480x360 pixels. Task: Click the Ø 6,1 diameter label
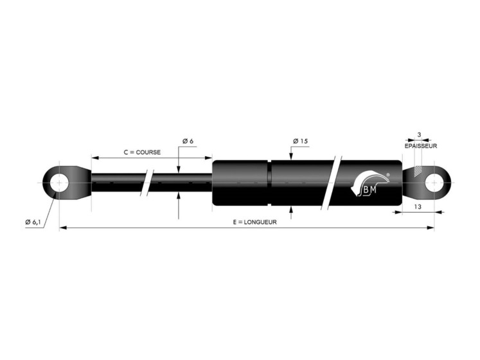(33, 222)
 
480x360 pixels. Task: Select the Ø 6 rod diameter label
(188, 141)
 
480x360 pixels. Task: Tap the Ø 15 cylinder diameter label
(300, 141)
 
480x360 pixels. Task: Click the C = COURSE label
(142, 152)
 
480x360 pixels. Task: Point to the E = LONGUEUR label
(254, 222)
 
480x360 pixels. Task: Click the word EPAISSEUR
(421, 146)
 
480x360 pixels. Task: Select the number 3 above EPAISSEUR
(419, 134)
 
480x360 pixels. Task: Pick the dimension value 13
(418, 207)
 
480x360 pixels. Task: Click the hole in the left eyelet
(59, 183)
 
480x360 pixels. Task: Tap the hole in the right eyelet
(434, 183)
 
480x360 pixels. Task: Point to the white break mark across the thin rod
(147, 183)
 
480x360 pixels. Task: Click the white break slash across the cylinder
(332, 183)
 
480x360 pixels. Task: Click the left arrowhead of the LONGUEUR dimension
(63, 228)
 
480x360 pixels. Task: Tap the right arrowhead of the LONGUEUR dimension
(431, 228)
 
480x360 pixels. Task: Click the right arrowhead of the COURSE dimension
(208, 157)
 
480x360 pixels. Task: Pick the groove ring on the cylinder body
(269, 183)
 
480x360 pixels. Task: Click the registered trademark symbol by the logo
(388, 174)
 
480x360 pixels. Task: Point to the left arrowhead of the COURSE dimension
(96, 157)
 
